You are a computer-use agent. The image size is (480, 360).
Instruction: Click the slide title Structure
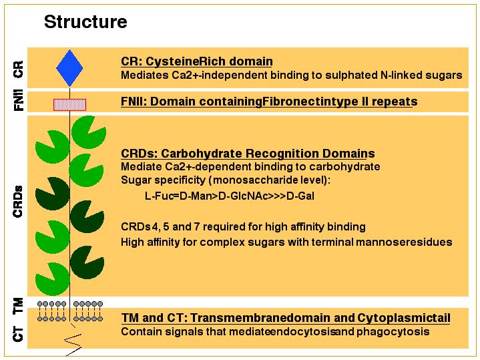(85, 22)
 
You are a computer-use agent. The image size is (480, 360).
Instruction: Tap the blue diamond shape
(69, 68)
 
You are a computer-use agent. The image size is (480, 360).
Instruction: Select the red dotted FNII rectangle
(70, 105)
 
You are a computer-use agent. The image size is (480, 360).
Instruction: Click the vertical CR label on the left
(18, 69)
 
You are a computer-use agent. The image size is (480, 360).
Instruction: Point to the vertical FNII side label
(19, 100)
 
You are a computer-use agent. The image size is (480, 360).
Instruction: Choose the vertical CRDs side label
(18, 202)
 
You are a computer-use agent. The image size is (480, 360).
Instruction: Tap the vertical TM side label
(18, 306)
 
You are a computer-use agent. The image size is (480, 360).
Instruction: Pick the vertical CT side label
(18, 334)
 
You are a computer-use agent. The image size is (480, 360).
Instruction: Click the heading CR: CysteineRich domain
(197, 61)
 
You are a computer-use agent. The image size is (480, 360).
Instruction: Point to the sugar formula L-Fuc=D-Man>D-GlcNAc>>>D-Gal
(230, 196)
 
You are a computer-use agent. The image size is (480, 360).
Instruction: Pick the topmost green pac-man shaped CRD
(89, 132)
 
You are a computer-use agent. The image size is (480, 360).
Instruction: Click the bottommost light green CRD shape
(53, 279)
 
